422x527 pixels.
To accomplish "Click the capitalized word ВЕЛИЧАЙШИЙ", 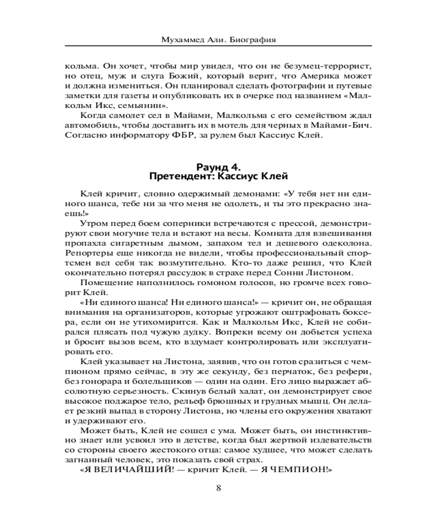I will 134,467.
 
